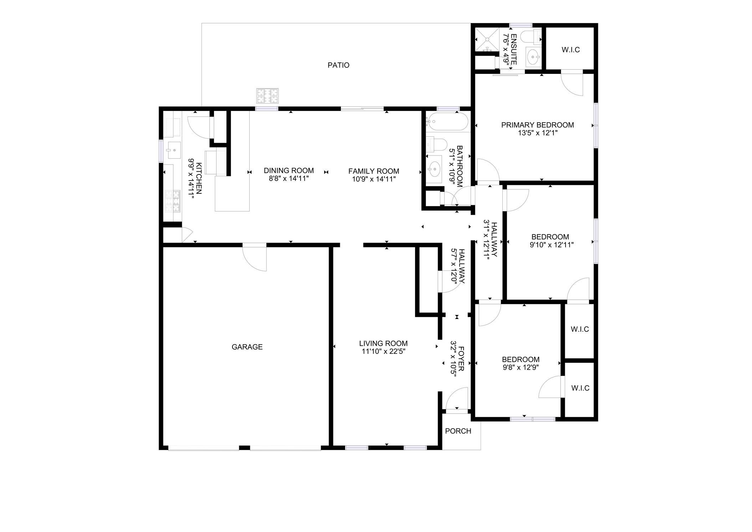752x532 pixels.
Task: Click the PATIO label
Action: pyautogui.click(x=338, y=65)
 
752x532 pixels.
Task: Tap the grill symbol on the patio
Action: pyautogui.click(x=267, y=96)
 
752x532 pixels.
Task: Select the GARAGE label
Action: pyautogui.click(x=247, y=347)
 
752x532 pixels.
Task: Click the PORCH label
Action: pyautogui.click(x=458, y=431)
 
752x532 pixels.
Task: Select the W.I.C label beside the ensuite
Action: pyautogui.click(x=571, y=50)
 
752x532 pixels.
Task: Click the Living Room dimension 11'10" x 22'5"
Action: pyautogui.click(x=383, y=351)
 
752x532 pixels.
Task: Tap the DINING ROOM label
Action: pyautogui.click(x=288, y=171)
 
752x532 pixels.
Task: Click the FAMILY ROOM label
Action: pyautogui.click(x=373, y=171)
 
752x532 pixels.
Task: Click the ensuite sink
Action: pyautogui.click(x=533, y=56)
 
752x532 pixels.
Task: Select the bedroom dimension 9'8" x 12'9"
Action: pyautogui.click(x=521, y=368)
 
